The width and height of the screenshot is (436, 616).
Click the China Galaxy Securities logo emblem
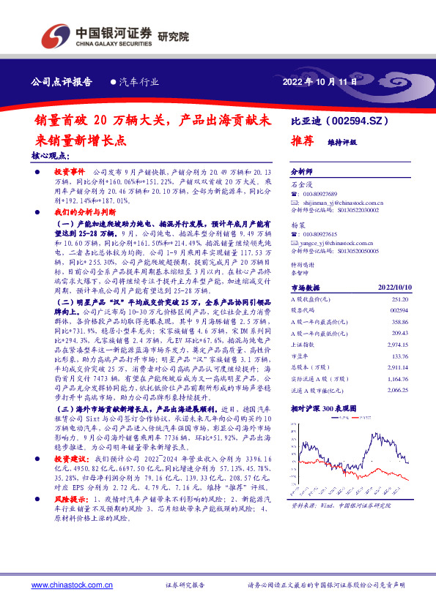(x=57, y=34)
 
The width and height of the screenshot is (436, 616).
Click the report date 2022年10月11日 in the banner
(x=319, y=82)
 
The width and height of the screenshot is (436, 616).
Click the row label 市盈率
(x=300, y=358)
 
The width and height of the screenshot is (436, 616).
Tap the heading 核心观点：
(x=50, y=156)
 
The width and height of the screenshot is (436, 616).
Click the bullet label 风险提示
(x=70, y=497)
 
